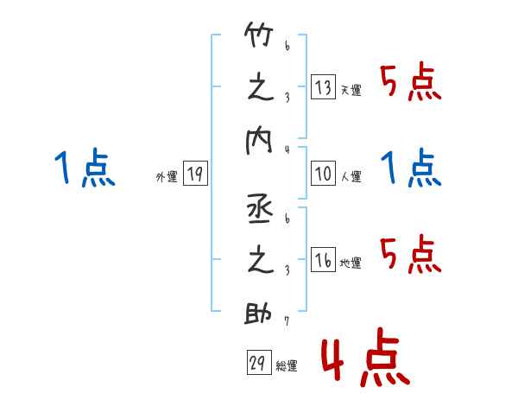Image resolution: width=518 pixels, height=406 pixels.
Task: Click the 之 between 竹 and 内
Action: pos(260,89)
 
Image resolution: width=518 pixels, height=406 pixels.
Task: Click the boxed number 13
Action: pos(323,86)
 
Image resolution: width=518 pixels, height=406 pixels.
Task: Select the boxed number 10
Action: pos(323,174)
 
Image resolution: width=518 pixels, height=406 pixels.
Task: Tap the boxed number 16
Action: pos(323,260)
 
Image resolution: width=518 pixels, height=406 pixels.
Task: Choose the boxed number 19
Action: pos(194,174)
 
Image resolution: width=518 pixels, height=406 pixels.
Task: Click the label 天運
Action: pos(351,90)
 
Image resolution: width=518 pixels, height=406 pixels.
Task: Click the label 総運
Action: pos(287,366)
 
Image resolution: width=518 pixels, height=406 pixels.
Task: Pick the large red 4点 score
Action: pos(363,360)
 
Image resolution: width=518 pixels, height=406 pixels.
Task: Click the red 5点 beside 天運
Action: pos(411,85)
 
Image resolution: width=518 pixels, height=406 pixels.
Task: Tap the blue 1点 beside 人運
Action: pos(412,168)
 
